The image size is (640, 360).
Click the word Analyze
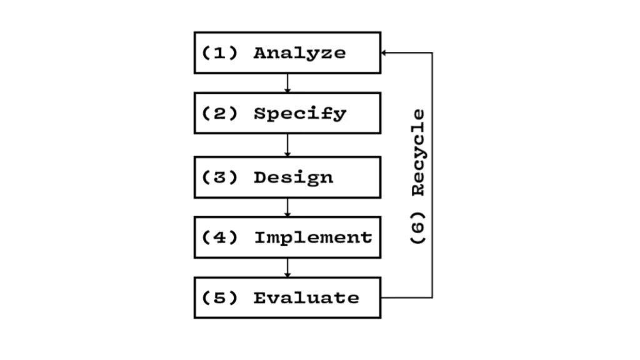point(299,53)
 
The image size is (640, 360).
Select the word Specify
point(299,114)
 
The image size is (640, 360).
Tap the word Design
point(293,177)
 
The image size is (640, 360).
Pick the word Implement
point(313,237)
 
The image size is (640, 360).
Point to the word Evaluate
point(306,298)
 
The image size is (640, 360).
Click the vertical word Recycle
point(418,153)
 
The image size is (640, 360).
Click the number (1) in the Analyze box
point(220,53)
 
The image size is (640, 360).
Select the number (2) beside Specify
point(220,114)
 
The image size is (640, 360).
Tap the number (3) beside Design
point(220,177)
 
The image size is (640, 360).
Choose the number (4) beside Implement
point(220,237)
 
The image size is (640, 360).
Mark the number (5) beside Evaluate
point(220,298)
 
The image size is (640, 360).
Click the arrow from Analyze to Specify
point(287,82)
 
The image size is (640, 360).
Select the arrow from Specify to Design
point(287,145)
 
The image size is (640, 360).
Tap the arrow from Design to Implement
point(287,207)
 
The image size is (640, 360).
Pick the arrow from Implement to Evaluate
point(287,267)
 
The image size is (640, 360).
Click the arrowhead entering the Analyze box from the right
point(384,53)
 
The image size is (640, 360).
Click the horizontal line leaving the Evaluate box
point(406,297)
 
